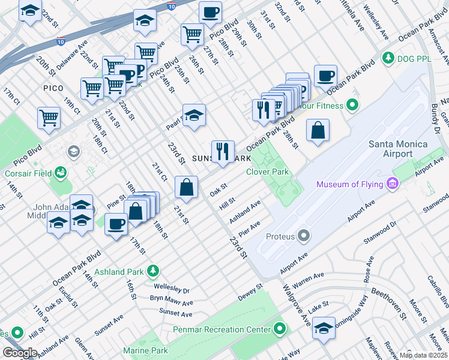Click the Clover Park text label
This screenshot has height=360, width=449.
tap(268, 172)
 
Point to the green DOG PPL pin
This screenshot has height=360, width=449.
tap(389, 58)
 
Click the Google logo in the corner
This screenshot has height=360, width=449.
tap(19, 353)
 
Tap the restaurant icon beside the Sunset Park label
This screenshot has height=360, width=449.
tap(223, 151)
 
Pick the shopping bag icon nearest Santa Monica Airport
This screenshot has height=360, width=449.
tap(318, 130)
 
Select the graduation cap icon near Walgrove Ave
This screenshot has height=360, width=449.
tap(324, 328)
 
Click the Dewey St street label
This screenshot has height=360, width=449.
tap(250, 290)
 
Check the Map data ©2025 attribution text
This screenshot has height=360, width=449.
tap(424, 355)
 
